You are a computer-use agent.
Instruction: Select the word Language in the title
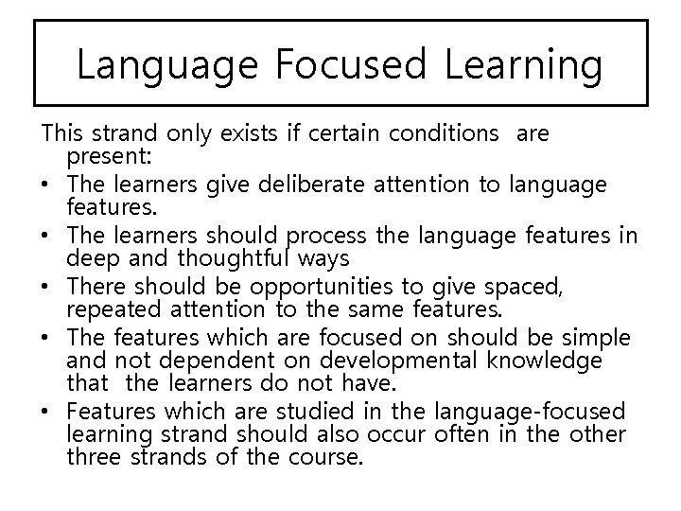[166, 65]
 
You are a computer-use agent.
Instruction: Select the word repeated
[108, 308]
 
